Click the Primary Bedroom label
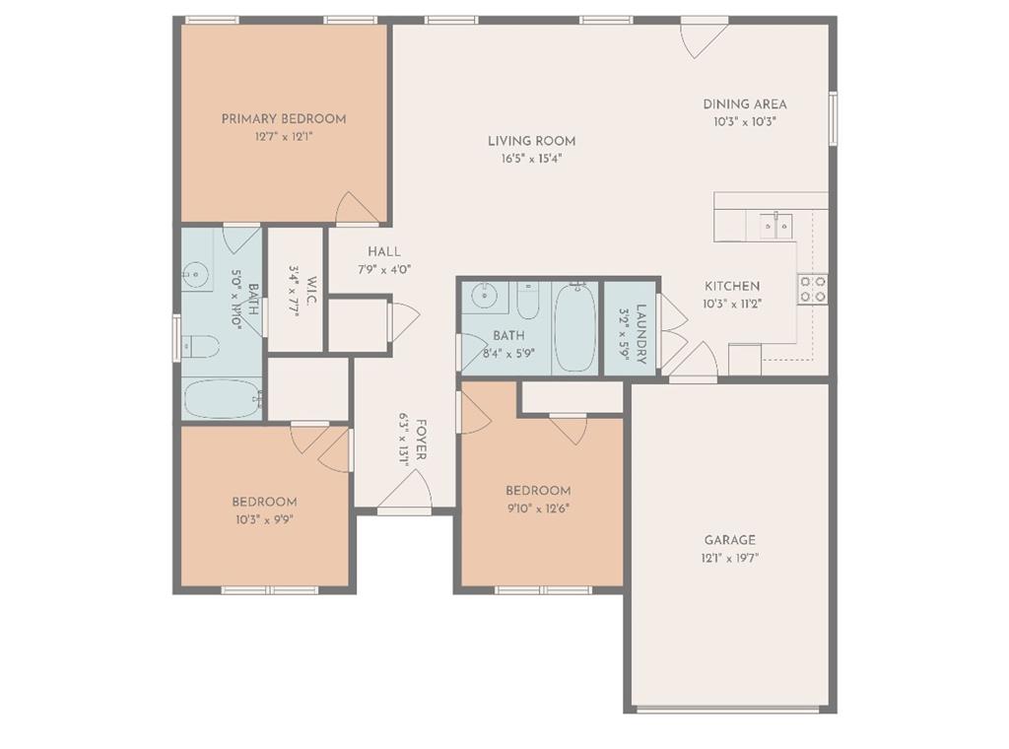pyautogui.click(x=284, y=119)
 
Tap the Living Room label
pyautogui.click(x=531, y=141)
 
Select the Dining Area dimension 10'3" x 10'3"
pyautogui.click(x=745, y=121)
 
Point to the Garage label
pyautogui.click(x=730, y=540)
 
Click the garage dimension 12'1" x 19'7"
pyautogui.click(x=730, y=558)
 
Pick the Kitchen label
pyautogui.click(x=732, y=287)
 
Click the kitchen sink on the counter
pyautogui.click(x=775, y=226)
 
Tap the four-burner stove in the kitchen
pyautogui.click(x=813, y=289)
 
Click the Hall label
pyautogui.click(x=384, y=251)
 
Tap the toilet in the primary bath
pyautogui.click(x=200, y=346)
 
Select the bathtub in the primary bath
pyautogui.click(x=223, y=399)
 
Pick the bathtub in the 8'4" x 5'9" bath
pyautogui.click(x=575, y=328)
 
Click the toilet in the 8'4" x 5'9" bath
pyautogui.click(x=528, y=301)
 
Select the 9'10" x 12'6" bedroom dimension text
pyautogui.click(x=539, y=509)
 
